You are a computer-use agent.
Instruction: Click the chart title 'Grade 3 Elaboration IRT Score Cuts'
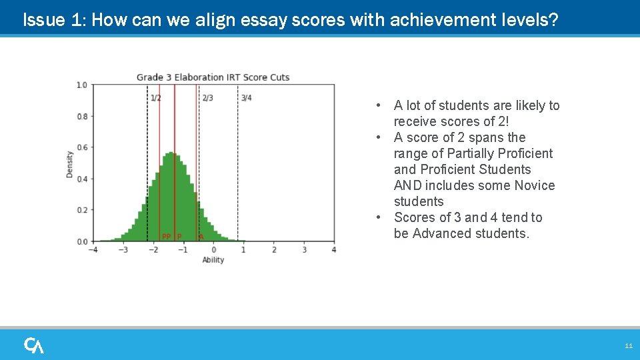(x=213, y=77)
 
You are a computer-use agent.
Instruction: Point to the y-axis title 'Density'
(x=70, y=164)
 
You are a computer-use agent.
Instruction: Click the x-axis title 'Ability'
(x=213, y=260)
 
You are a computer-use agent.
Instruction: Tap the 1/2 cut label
(x=155, y=99)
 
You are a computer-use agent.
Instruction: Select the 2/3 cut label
(x=207, y=99)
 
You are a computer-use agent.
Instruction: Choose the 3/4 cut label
(x=246, y=99)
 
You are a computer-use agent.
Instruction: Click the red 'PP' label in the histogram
(x=167, y=237)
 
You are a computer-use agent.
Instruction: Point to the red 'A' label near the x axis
(x=201, y=237)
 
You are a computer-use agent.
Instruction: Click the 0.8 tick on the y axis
(x=81, y=117)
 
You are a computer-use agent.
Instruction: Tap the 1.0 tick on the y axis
(x=81, y=85)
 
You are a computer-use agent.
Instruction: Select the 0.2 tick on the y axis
(x=81, y=210)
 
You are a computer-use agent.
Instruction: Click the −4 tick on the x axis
(x=92, y=250)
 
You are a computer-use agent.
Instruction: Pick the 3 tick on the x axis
(x=304, y=250)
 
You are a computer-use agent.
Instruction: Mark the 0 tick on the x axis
(x=213, y=250)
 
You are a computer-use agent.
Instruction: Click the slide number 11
(x=628, y=346)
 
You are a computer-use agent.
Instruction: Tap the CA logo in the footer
(x=34, y=345)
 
